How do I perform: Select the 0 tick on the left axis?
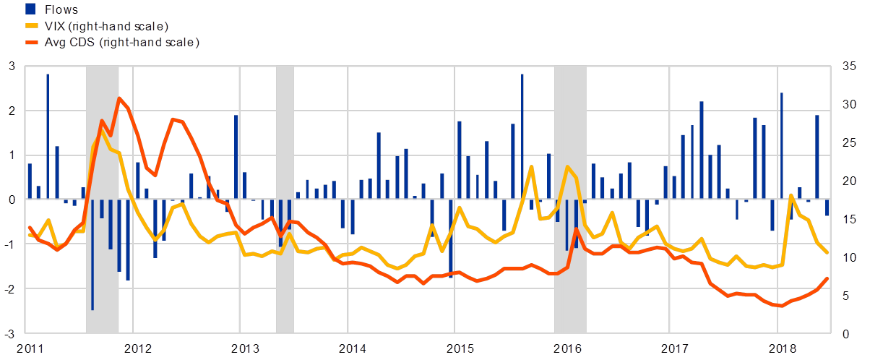pyautogui.click(x=11, y=200)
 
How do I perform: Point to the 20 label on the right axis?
pyautogui.click(x=849, y=181)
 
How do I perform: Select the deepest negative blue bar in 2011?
pyautogui.click(x=92, y=253)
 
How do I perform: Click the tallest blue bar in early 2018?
pyautogui.click(x=782, y=145)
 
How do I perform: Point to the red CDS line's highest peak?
pyautogui.click(x=119, y=98)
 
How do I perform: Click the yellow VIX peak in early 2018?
pyautogui.click(x=791, y=195)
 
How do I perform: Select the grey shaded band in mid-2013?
pyautogui.click(x=285, y=200)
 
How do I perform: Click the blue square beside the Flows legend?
pyautogui.click(x=30, y=9)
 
